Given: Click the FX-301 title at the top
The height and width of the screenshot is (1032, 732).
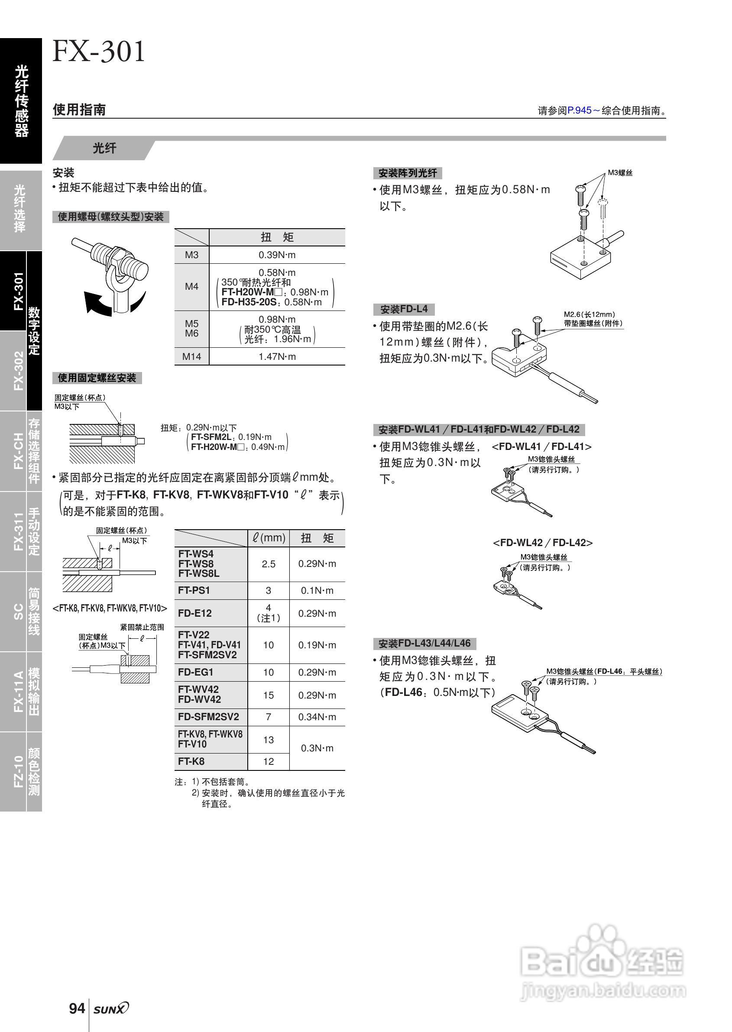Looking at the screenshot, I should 99,51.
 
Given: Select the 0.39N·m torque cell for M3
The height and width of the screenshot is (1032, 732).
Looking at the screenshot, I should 277,255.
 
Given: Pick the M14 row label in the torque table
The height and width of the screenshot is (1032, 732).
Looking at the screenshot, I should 191,356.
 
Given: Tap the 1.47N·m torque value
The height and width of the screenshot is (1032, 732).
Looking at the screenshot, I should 277,356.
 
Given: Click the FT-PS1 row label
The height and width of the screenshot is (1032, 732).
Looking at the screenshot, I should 194,590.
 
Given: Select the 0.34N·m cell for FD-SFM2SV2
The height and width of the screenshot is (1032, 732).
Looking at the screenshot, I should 317,717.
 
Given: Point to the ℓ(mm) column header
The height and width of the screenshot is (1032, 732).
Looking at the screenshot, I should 269,538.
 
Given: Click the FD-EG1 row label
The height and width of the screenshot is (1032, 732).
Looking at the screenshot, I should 196,673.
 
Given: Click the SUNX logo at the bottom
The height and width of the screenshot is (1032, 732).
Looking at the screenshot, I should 111,1009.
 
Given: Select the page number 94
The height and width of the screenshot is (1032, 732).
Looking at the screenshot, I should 77,1008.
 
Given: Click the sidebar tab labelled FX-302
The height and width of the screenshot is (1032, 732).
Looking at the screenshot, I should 18,370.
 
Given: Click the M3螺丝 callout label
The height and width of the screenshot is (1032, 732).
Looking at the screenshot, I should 620,173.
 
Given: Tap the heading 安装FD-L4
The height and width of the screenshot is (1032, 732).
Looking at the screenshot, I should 404,309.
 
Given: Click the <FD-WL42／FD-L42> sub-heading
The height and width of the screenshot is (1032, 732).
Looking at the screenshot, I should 543,543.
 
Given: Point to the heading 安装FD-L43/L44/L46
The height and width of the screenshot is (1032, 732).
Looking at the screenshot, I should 424,643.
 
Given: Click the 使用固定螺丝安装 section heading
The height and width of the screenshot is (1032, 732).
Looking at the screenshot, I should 97,378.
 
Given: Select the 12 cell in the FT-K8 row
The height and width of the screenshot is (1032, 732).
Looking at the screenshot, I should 268,762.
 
